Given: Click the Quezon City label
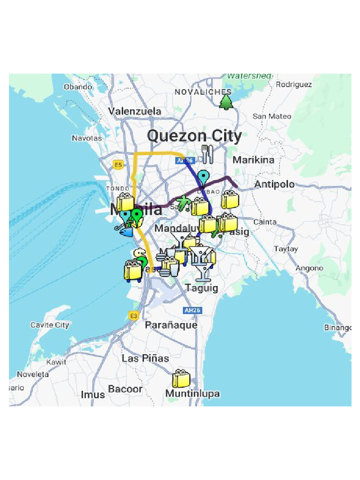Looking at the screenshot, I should (x=195, y=136).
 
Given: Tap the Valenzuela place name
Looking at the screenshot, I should (x=135, y=112).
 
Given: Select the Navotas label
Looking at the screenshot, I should (x=87, y=138).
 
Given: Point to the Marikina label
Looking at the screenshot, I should (x=254, y=160).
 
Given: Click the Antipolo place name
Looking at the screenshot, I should (x=275, y=184).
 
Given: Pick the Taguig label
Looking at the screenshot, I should (x=202, y=288).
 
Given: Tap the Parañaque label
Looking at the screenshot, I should (x=171, y=325).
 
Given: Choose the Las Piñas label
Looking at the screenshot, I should (x=145, y=358).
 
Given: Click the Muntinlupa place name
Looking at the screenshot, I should (x=192, y=394).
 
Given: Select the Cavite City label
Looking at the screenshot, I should (x=50, y=325).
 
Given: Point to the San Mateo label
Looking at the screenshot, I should (x=272, y=116).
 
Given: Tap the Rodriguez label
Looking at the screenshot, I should (x=294, y=84).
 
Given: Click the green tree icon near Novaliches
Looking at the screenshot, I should (x=226, y=101).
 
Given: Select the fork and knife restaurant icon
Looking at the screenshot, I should (x=207, y=154).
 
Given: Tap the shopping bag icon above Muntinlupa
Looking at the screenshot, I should (x=181, y=379).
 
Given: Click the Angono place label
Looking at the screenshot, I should (x=309, y=268).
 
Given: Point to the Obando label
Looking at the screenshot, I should (x=78, y=87).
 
